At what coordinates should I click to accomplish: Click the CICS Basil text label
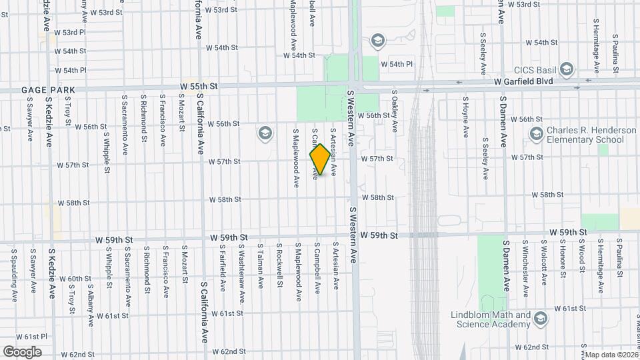535,69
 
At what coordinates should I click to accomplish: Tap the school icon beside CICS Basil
567,69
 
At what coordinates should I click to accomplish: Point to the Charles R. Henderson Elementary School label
591,135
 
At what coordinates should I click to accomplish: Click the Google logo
23,352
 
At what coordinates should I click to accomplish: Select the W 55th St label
199,87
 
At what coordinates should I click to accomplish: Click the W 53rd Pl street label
70,32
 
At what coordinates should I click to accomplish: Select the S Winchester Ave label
526,268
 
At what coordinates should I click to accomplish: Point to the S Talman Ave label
261,265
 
